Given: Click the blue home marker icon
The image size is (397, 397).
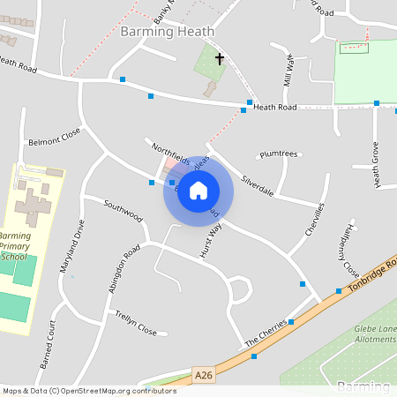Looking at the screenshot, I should tap(198, 191).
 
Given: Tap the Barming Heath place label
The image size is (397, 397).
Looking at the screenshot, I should tap(167, 31).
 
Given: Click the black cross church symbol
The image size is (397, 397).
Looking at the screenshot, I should tap(219, 59).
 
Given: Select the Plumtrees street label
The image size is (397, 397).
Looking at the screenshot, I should tap(279, 154).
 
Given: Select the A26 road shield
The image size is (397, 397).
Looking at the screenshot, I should tap(204, 375).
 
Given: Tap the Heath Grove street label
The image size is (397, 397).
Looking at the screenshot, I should tap(376, 164).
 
